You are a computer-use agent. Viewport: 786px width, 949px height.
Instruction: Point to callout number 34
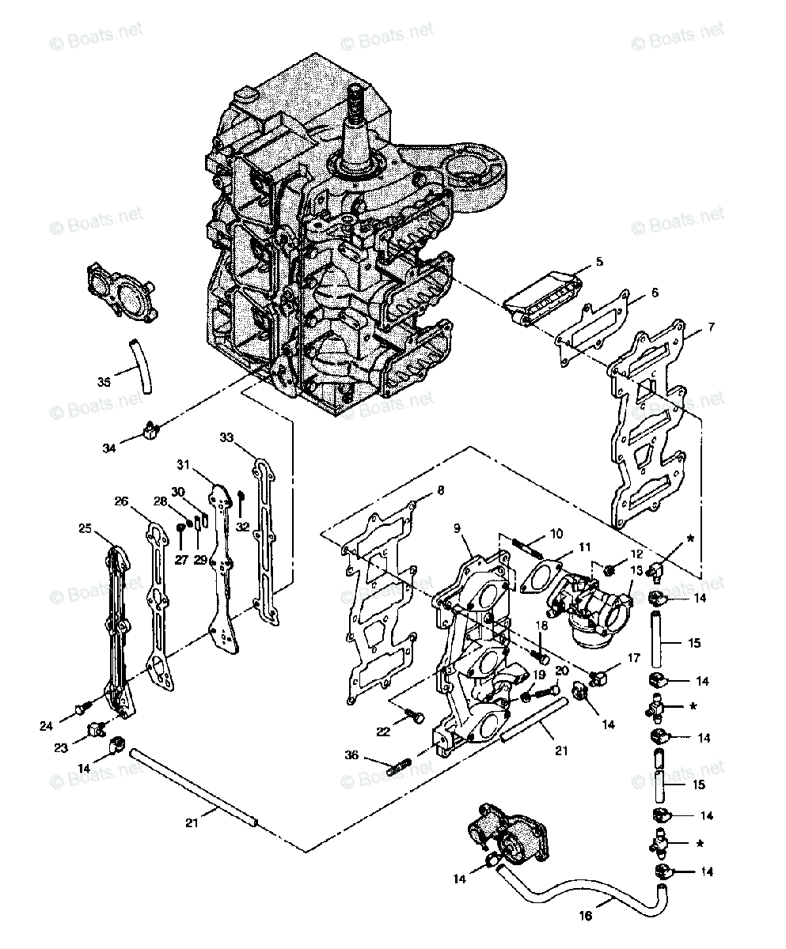pos(109,448)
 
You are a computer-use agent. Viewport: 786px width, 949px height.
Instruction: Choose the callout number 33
pos(226,437)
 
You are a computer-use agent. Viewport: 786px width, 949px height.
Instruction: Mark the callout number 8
pos(440,490)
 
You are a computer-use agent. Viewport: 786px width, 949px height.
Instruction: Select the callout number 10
pos(556,533)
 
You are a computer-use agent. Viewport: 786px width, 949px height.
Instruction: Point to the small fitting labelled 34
pos(147,429)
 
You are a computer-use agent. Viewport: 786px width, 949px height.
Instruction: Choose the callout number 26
pos(120,501)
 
